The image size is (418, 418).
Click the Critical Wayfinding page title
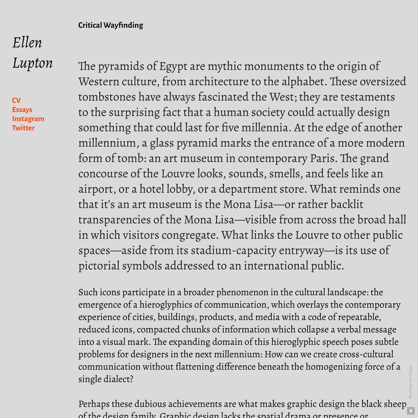pyautogui.click(x=110, y=25)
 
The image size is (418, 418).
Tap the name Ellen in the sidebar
pyautogui.click(x=27, y=43)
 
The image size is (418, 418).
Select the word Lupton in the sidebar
pyautogui.click(x=32, y=63)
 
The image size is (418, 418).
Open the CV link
pyautogui.click(x=16, y=100)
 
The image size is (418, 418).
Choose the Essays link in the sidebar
pyautogui.click(x=22, y=110)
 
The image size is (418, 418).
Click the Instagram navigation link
pyautogui.click(x=28, y=119)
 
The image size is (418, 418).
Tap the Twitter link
pyautogui.click(x=23, y=128)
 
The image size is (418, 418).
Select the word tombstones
pyautogui.click(x=107, y=97)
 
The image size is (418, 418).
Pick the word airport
pyautogui.click(x=97, y=189)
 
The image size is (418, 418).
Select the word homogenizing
pyautogui.click(x=334, y=367)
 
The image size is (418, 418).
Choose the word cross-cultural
pyautogui.click(x=366, y=354)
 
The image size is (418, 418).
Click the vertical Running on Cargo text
pyautogui.click(x=410, y=382)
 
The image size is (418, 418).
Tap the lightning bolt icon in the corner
pyautogui.click(x=410, y=411)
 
